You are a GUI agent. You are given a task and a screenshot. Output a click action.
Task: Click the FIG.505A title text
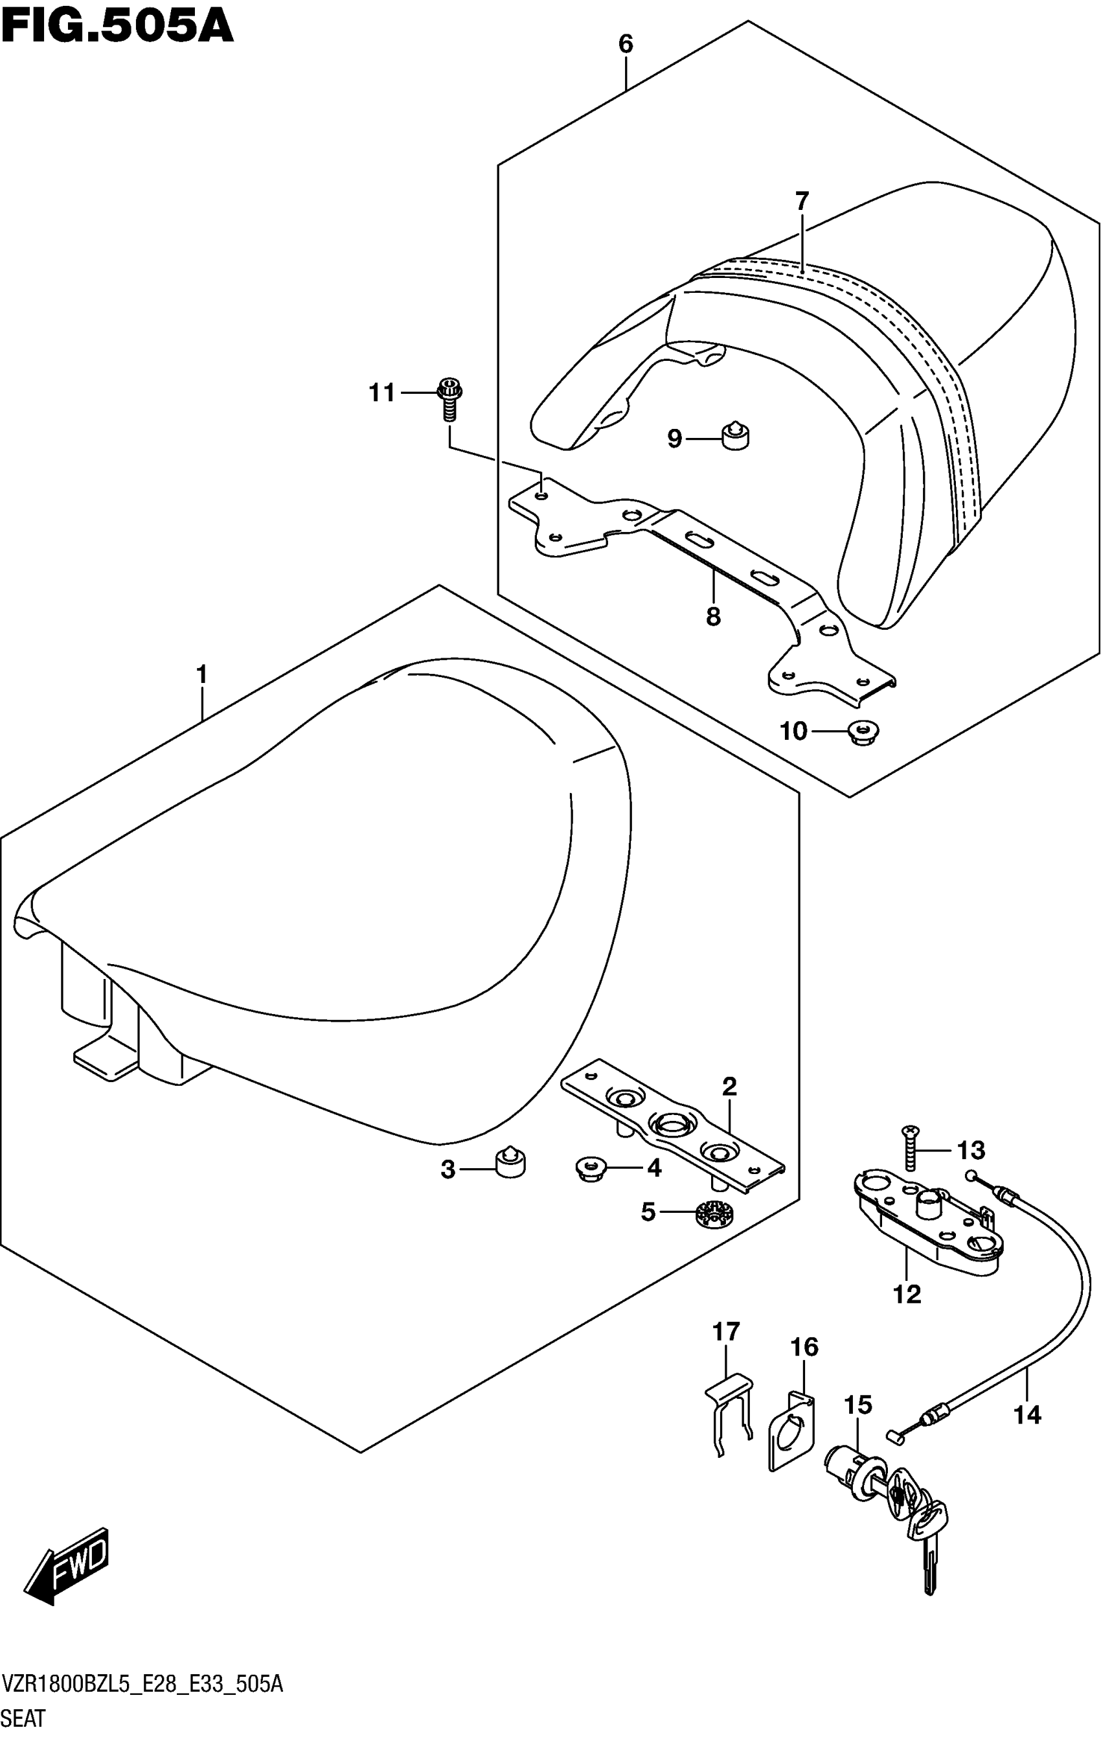[x=117, y=27]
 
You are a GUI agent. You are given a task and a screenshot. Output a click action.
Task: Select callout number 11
[x=382, y=393]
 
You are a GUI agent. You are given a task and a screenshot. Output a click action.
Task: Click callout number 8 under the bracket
[x=713, y=617]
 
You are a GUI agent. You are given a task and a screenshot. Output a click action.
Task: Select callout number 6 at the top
[x=625, y=45]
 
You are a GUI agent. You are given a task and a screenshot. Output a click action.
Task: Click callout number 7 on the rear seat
[x=802, y=201]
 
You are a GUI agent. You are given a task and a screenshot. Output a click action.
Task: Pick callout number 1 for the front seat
[x=201, y=674]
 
